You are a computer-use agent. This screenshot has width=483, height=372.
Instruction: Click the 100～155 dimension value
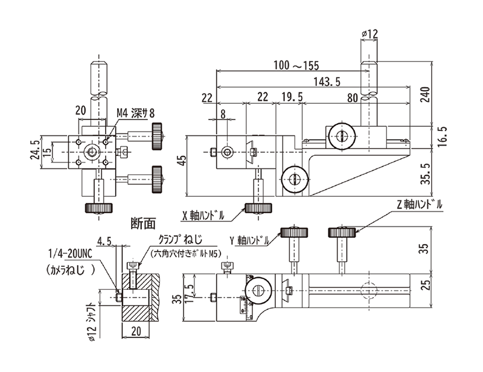point(296,65)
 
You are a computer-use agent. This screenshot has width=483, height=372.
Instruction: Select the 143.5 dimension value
point(327,82)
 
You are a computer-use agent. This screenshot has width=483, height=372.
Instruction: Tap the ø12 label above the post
point(369,34)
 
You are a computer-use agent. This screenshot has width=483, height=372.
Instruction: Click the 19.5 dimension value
point(292,97)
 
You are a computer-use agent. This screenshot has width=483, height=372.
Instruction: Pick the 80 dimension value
point(353,98)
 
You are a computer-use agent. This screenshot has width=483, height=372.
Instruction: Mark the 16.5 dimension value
point(442,136)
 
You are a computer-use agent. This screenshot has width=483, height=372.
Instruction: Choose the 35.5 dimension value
point(425,174)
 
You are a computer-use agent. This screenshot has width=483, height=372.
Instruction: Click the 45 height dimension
point(183,161)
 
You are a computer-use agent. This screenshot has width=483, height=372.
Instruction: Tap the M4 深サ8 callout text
point(135,114)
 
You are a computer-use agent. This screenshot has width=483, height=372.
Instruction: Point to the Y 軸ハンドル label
point(249,240)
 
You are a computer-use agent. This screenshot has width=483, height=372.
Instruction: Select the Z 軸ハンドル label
point(419,205)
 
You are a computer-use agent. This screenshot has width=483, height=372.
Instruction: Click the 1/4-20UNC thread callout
point(70,254)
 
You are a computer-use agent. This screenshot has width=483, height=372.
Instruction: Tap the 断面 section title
point(143,223)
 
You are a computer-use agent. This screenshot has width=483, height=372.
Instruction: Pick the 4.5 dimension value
point(104,241)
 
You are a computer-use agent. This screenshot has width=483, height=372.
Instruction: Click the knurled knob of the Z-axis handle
point(342,232)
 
